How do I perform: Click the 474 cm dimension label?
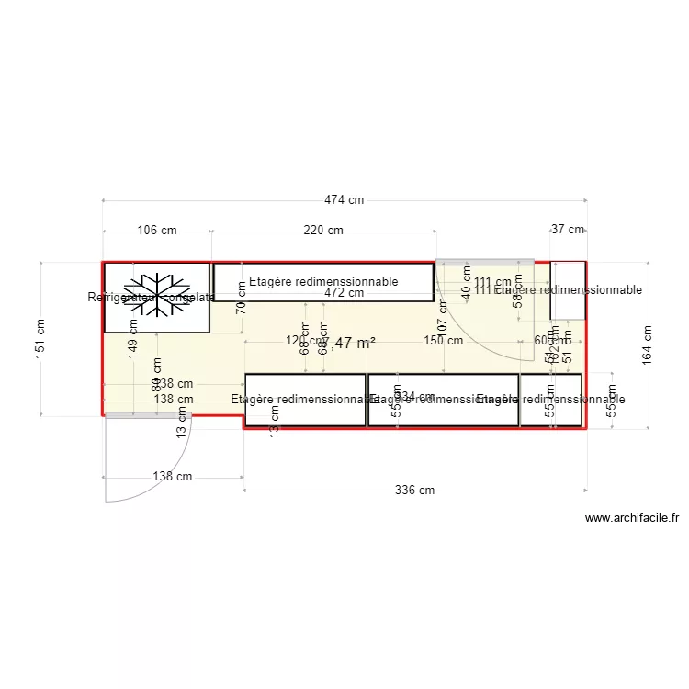coord(344,200)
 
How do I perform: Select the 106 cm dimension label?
coord(156,231)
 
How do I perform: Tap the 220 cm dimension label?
coord(323,231)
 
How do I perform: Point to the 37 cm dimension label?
coord(568,230)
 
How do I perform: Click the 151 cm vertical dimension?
coord(40,339)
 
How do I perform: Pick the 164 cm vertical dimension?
coord(648,344)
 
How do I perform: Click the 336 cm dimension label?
coord(414,491)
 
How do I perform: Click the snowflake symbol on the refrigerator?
coord(157,295)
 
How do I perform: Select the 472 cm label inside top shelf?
coord(344,293)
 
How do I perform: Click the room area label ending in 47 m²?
coord(354,343)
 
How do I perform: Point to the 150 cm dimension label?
coord(444,340)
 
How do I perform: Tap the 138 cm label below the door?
coord(173,477)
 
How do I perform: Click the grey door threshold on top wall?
coord(485,262)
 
